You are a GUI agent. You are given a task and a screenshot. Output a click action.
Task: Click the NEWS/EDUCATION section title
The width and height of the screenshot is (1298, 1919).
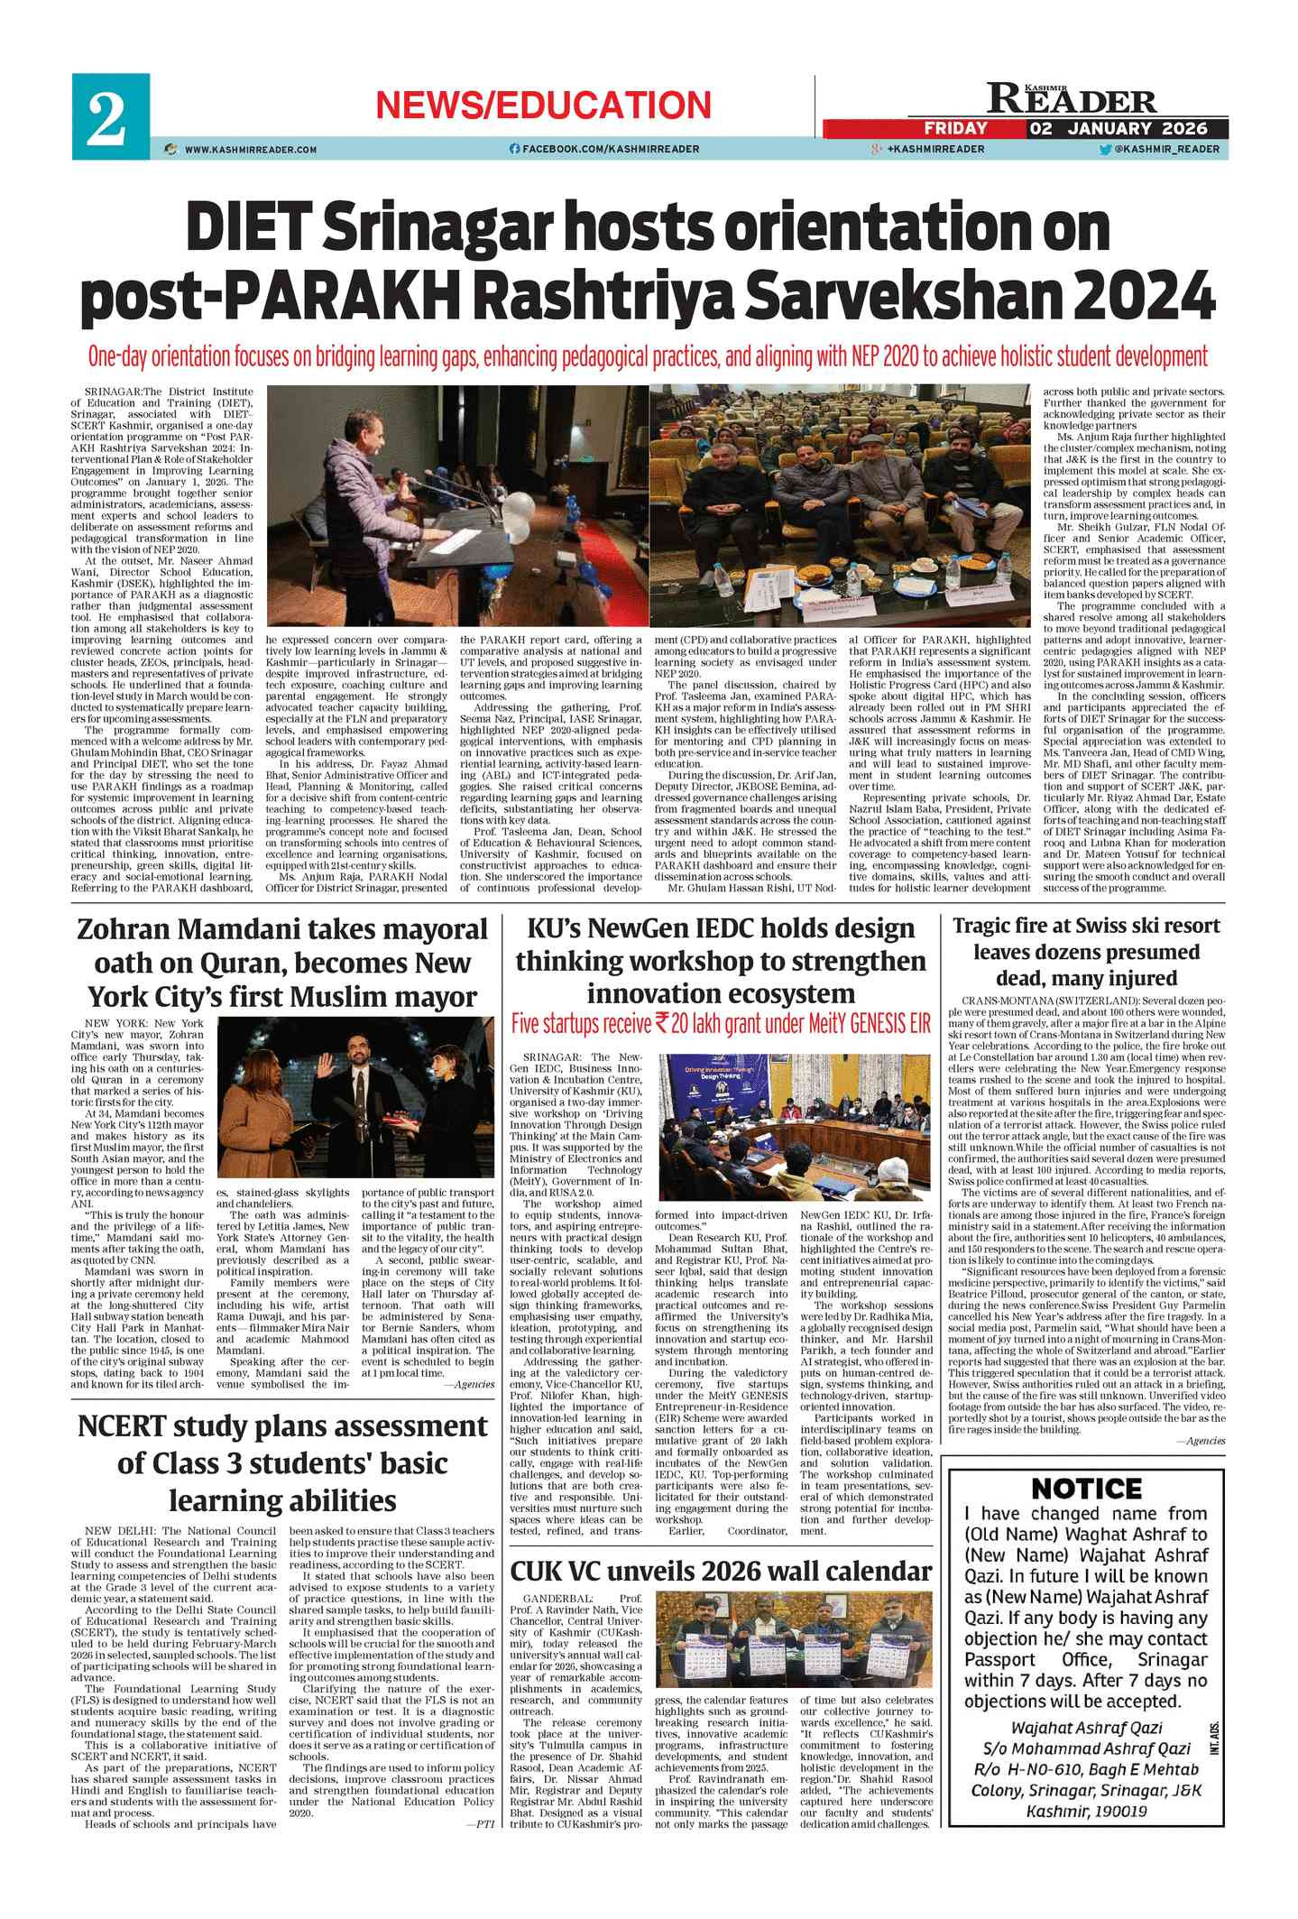click(x=543, y=106)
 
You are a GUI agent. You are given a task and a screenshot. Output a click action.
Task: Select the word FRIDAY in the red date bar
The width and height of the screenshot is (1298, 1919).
click(x=955, y=128)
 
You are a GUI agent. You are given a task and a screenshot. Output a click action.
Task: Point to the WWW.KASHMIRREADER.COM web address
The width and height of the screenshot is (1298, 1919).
click(x=251, y=150)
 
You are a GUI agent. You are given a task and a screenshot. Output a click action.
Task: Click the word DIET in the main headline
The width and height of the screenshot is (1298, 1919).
click(x=241, y=230)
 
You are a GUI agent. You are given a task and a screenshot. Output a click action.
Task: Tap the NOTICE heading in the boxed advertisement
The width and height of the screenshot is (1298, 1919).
click(x=1085, y=1488)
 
